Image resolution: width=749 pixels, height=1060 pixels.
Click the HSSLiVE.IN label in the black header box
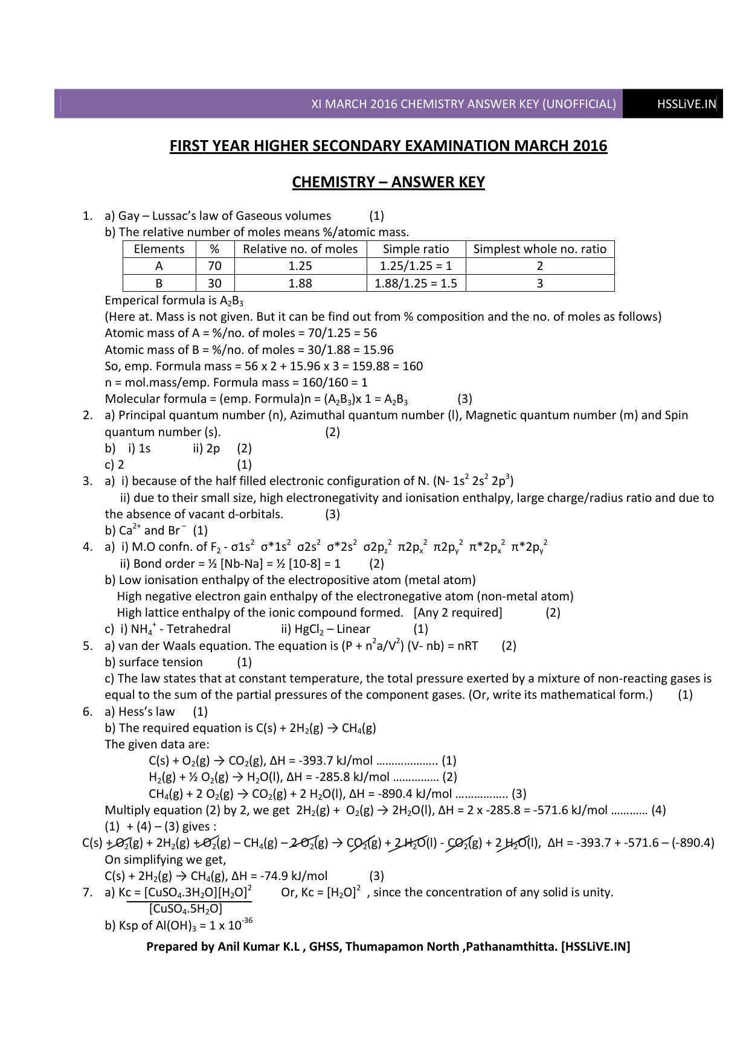coord(686,104)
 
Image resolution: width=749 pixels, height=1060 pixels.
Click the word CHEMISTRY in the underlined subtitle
coord(331,182)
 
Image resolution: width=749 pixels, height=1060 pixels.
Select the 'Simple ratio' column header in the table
coord(416,249)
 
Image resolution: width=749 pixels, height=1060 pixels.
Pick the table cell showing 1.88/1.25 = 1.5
coord(416,283)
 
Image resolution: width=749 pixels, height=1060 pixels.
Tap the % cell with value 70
coord(214,266)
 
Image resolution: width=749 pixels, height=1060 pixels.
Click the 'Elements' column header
coord(159,249)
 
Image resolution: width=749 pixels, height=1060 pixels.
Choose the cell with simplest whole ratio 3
coord(539,283)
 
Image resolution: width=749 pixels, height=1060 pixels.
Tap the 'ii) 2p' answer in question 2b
coord(207,448)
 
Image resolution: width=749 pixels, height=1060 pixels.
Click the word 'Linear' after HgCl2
coord(353,629)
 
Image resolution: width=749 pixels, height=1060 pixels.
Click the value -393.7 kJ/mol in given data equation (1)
coord(332,761)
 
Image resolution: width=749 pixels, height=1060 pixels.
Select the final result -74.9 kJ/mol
coord(292,876)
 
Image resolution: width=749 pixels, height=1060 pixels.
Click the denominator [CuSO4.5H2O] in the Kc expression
coord(185,909)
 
